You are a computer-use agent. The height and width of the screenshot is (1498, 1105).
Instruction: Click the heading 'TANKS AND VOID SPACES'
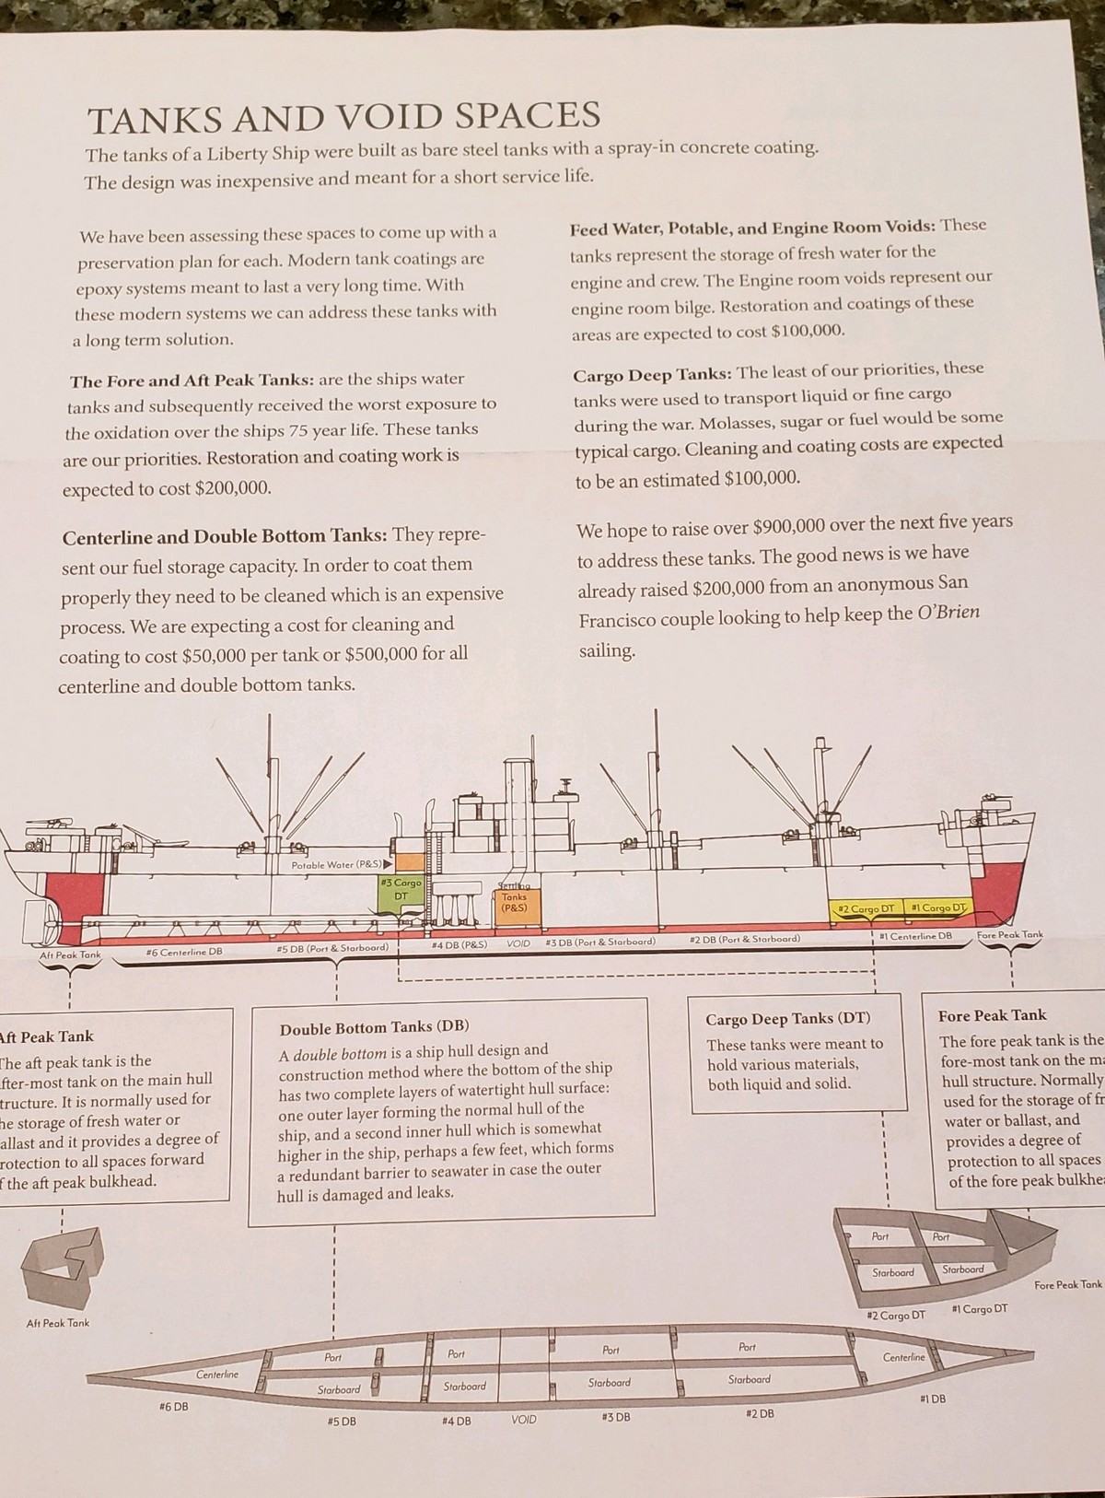[343, 116]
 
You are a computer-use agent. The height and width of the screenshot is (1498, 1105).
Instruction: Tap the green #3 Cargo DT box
[401, 893]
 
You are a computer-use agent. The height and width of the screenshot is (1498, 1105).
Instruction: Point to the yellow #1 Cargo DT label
[939, 907]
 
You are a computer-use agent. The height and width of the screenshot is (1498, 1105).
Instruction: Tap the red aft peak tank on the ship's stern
[72, 905]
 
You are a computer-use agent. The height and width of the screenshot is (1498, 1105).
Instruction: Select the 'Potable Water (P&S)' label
[336, 864]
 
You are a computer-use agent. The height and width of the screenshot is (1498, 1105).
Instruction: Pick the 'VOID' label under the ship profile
[518, 943]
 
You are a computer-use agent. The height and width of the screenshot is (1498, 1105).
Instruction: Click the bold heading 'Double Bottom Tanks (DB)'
[375, 1028]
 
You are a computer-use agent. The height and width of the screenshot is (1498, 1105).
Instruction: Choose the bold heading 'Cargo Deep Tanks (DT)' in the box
[787, 1019]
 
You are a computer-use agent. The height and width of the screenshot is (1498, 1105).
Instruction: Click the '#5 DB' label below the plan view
[341, 1421]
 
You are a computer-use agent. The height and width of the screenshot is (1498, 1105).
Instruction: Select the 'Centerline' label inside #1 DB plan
[904, 1357]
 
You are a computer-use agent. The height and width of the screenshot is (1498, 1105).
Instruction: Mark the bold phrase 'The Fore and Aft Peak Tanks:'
[192, 380]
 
